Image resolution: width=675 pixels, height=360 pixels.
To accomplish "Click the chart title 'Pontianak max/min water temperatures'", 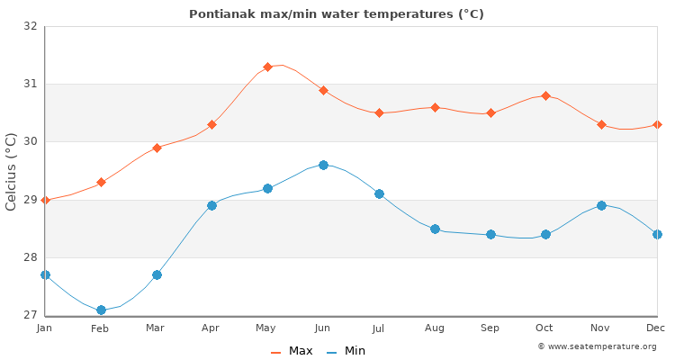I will tap(337, 13).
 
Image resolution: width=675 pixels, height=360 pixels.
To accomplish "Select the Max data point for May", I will tap(267, 67).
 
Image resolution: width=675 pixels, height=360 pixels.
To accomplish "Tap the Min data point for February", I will tap(101, 310).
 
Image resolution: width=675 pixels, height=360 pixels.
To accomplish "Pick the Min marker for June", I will tap(323, 165).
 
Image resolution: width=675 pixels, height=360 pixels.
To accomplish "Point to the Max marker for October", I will tap(545, 95).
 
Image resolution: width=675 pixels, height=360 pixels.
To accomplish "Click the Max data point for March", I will tap(157, 148).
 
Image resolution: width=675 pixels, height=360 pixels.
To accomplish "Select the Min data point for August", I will tap(435, 229).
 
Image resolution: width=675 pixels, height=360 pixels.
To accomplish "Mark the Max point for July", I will tap(379, 112).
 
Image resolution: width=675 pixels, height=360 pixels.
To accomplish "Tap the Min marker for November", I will tap(601, 205).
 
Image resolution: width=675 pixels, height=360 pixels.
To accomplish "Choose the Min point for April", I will tap(211, 205).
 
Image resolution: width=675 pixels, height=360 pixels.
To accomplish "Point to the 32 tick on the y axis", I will tap(30, 26).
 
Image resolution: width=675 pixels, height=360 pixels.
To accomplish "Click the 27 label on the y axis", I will tap(30, 315).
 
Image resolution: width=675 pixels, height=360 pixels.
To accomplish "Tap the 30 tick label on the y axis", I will tap(30, 141).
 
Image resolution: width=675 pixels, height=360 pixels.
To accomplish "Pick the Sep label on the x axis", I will tap(490, 328).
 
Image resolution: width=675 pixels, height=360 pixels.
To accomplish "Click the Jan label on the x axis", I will tap(45, 328).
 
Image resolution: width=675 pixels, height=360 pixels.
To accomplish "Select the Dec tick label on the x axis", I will tap(656, 328).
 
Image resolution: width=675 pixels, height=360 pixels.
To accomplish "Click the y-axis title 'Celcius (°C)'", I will tap(12, 171).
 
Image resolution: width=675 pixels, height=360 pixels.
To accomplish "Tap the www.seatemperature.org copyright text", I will tap(597, 346).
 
